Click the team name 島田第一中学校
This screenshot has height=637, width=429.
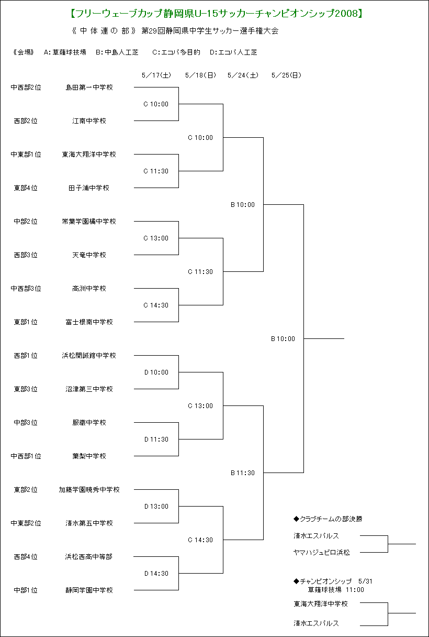point(89,87)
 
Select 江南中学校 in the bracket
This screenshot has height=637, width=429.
point(89,121)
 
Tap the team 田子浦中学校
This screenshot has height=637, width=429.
point(89,188)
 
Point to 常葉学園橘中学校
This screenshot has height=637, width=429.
point(89,222)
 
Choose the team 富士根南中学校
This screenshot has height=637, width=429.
point(89,322)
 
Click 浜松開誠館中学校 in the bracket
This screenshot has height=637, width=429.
point(89,356)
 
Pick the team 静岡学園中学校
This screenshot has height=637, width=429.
point(89,590)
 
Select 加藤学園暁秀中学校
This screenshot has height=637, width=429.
point(89,490)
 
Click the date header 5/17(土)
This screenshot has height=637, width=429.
point(156,75)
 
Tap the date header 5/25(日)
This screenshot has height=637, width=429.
point(286,75)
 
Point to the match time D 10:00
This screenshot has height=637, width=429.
point(156,372)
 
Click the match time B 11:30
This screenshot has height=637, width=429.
point(243,473)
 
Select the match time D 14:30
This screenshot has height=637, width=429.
point(156,573)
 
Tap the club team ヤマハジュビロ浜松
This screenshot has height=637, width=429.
point(322,553)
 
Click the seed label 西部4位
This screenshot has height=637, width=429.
point(26,556)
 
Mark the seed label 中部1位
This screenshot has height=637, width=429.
point(26,590)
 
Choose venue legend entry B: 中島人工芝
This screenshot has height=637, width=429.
point(117,52)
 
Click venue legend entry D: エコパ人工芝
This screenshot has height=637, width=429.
point(233,52)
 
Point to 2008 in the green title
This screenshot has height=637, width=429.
point(346,14)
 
